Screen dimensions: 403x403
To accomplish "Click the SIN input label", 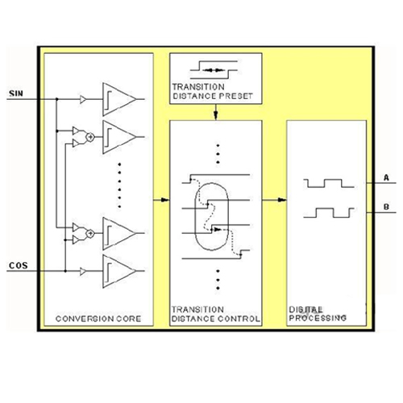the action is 16,93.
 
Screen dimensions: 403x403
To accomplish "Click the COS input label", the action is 19,265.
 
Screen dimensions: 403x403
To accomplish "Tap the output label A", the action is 386,177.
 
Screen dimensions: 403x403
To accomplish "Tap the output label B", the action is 386,207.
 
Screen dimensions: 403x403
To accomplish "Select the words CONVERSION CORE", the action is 98,318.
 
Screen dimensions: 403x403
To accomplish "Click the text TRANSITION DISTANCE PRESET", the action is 212,91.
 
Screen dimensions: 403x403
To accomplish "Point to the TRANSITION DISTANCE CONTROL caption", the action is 215,314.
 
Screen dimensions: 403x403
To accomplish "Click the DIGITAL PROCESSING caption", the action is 318,314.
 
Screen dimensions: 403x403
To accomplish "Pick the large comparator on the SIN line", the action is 119,99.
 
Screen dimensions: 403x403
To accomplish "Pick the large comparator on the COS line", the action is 119,271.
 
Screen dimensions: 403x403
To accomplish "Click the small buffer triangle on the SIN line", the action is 83,99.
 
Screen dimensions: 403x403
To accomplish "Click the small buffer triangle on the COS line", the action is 83,271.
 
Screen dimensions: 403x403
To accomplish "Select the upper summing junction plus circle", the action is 90,137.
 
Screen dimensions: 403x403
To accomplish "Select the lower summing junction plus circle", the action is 90,234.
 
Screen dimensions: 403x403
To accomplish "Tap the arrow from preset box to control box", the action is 215,112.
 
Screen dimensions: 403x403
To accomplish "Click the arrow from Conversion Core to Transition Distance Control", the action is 161,200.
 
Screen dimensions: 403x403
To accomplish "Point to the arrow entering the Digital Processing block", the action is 274,200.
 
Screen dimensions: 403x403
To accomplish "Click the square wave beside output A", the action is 329,183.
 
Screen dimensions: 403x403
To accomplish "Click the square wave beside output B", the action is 329,213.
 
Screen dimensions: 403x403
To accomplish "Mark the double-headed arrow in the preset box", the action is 214,70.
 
